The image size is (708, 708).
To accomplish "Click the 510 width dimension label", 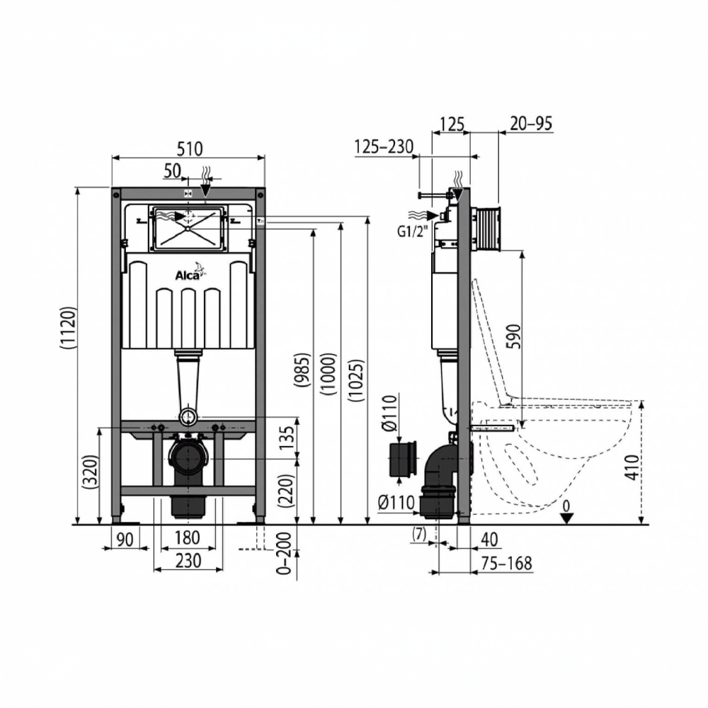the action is click(190, 149).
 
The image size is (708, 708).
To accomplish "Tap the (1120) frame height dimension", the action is click(68, 328).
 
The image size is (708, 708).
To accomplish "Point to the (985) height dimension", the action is click(302, 370).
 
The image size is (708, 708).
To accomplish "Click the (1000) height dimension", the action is click(329, 374).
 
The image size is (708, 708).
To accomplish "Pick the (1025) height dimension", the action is click(356, 381).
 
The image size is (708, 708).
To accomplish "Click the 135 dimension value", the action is click(287, 438).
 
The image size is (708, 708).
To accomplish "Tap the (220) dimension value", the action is click(287, 491).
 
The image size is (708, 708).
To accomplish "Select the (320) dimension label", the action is click(91, 472).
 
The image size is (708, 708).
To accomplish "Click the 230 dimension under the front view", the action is click(188, 561).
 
